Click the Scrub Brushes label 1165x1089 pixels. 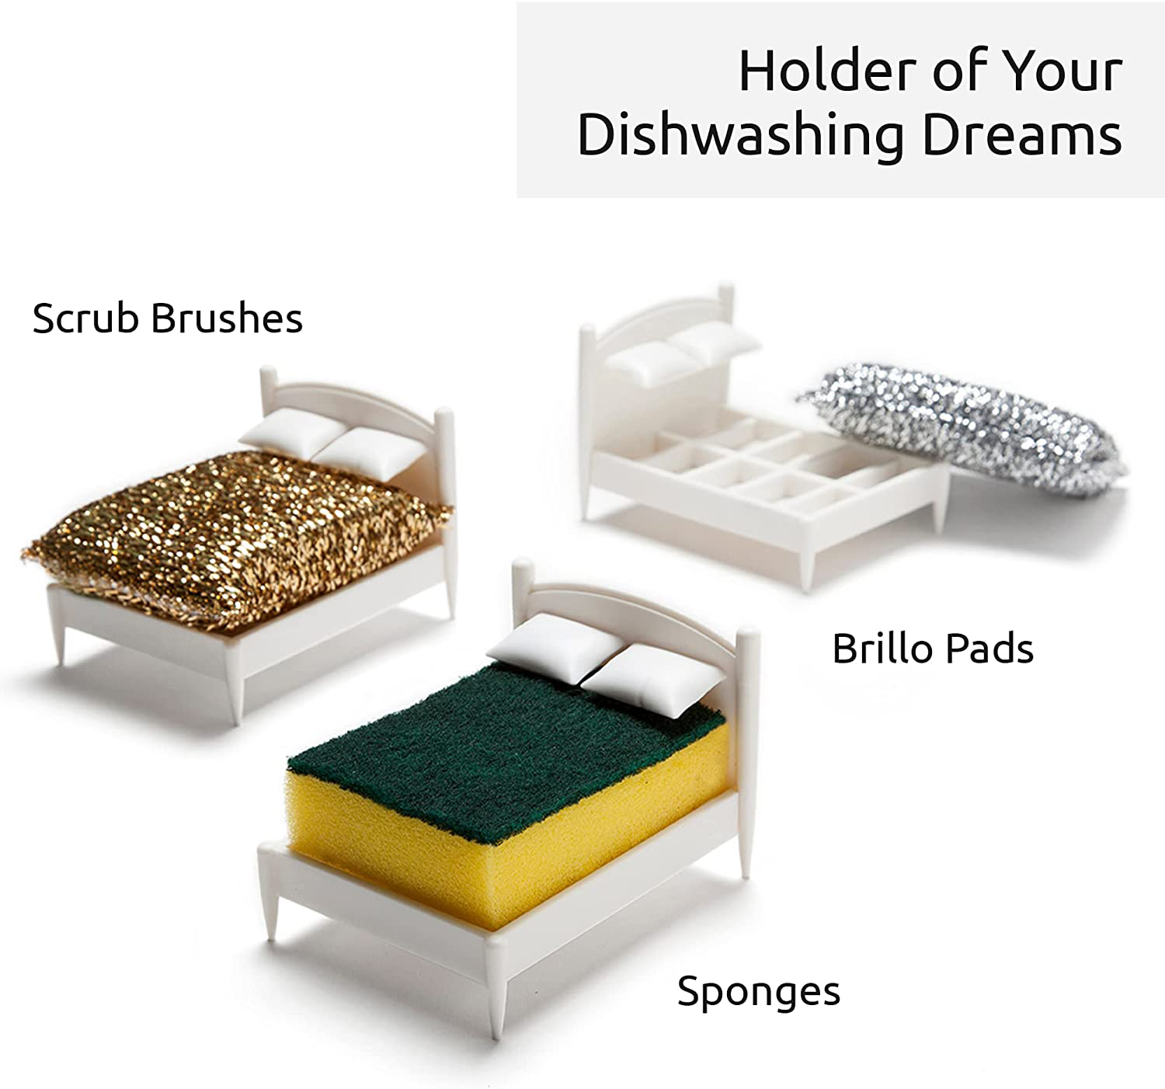167,318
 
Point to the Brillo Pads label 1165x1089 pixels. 933,649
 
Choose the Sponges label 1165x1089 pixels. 759,992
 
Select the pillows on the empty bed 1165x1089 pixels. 680,352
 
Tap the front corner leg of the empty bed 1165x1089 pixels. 808,560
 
